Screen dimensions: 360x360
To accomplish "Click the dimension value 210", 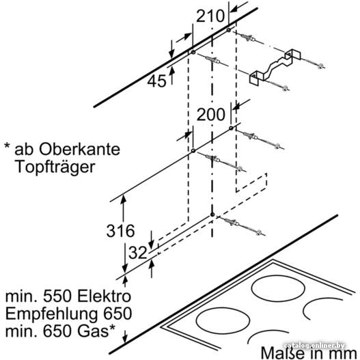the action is click(210, 16).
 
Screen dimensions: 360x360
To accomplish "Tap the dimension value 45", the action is click(156, 81).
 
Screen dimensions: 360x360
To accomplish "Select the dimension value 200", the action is click(211, 114).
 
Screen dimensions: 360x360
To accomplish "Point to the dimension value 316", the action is click(120, 230).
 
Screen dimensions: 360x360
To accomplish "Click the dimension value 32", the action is click(137, 253).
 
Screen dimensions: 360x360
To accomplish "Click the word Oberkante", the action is click(79, 149).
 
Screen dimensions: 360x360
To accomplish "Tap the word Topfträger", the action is click(55, 167).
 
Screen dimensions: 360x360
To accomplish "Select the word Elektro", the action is click(104, 296).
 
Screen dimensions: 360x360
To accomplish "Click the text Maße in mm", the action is click(309, 353).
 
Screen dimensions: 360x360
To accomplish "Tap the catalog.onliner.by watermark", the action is click(314, 346).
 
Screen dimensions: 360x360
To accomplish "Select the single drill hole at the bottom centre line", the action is click(212, 214).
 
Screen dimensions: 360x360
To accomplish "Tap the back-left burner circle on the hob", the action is click(278, 288).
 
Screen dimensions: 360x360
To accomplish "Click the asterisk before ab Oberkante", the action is click(8, 146).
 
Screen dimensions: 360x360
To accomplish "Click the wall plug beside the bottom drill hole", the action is click(232, 222).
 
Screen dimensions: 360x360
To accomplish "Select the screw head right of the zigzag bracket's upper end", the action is click(321, 66).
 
